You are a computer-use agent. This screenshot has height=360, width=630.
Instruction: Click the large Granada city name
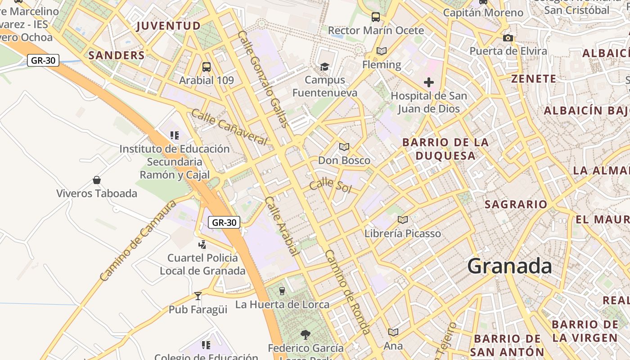pos(509,266)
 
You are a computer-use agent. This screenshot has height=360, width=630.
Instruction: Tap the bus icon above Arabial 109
pos(207,67)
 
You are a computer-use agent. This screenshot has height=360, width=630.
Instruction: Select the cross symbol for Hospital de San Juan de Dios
pos(429,82)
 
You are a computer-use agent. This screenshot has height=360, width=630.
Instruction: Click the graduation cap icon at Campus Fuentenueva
pos(324,67)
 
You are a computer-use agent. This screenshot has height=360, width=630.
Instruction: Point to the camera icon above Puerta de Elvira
pos(508,38)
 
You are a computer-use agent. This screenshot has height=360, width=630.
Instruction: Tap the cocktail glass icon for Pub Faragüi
pos(198,296)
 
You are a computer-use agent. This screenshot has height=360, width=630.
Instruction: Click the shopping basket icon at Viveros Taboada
pos(97,180)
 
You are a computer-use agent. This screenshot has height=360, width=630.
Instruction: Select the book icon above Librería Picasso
pos(403,220)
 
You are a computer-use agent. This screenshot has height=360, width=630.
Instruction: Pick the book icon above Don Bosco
pos(344,147)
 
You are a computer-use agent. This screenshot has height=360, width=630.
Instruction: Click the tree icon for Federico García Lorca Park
pos(306,334)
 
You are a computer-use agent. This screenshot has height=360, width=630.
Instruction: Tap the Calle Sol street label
pos(330,185)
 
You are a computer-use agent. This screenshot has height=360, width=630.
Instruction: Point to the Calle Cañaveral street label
pos(229,127)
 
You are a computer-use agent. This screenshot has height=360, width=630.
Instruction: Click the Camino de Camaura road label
pos(139,241)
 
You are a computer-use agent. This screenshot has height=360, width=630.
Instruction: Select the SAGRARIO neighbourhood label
pos(516,204)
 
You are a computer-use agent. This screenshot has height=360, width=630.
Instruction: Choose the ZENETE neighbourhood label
pos(534,79)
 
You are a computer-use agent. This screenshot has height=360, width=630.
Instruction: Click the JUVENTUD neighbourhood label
pos(168,26)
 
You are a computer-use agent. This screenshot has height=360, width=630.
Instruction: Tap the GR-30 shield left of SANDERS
pos(43,60)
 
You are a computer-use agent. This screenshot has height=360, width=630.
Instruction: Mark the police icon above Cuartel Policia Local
pos(202,244)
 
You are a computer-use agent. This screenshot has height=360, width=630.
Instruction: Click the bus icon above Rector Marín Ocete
pos(376,17)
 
